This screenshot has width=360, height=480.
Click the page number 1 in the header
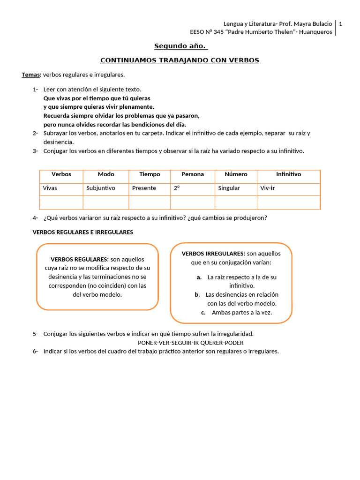click(x=341, y=24)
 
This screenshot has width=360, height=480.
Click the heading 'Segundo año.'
click(x=181, y=46)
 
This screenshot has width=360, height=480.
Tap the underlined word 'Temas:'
click(x=31, y=75)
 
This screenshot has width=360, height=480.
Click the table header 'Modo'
click(x=106, y=174)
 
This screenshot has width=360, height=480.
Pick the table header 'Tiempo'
click(x=150, y=174)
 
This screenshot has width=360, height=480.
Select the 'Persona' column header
click(x=193, y=174)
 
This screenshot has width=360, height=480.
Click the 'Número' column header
click(x=236, y=174)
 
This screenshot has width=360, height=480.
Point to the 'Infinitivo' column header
click(x=288, y=174)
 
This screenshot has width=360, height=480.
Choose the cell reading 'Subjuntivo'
click(x=100, y=188)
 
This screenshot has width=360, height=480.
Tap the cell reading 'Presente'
click(x=143, y=188)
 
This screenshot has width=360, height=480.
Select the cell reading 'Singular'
click(x=229, y=188)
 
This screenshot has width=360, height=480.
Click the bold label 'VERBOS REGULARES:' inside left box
click(x=80, y=260)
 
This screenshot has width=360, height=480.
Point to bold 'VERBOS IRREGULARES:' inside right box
click(x=213, y=254)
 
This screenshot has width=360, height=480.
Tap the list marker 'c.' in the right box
click(x=203, y=313)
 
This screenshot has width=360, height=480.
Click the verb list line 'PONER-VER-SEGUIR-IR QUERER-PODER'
click(x=191, y=343)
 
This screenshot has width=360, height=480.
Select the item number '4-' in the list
click(x=35, y=218)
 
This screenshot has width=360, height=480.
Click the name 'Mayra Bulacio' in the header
click(x=313, y=24)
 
